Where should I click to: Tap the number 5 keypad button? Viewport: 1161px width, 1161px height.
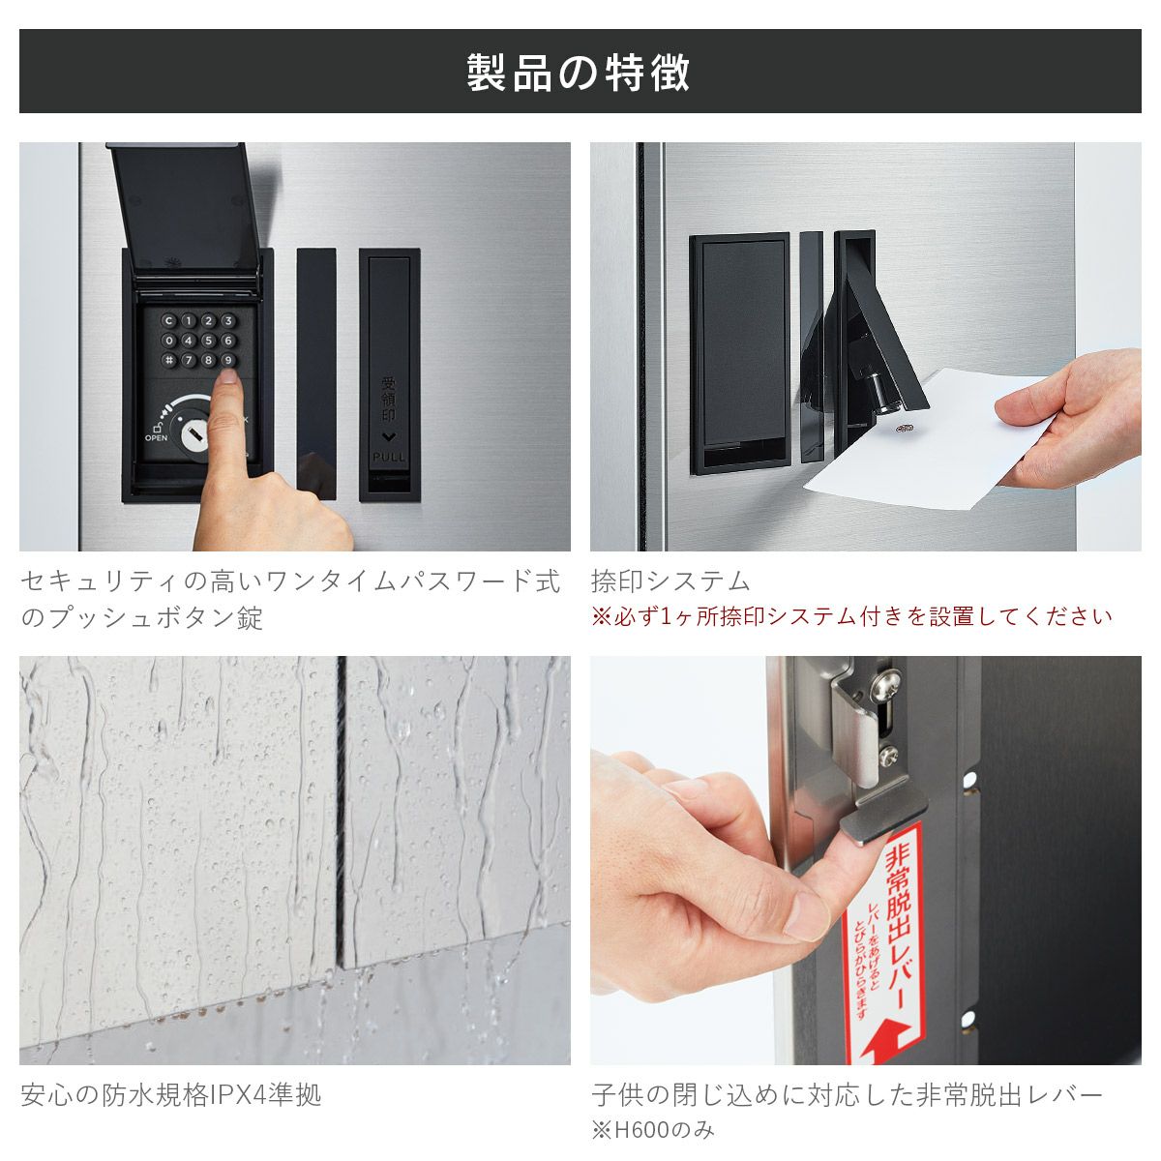click(x=208, y=341)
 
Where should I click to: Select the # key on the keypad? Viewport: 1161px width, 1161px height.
click(x=168, y=360)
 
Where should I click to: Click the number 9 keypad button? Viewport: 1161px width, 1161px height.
click(x=228, y=360)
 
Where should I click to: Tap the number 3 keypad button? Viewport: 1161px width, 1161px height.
click(x=228, y=320)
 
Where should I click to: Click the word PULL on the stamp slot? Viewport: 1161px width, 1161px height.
click(x=389, y=457)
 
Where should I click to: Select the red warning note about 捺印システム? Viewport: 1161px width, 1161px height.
click(x=851, y=616)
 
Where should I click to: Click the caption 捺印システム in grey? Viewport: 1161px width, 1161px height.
click(x=670, y=581)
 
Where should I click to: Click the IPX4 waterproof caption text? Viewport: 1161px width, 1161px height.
click(x=171, y=1095)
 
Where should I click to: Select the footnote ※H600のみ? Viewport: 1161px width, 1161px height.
click(x=652, y=1129)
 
